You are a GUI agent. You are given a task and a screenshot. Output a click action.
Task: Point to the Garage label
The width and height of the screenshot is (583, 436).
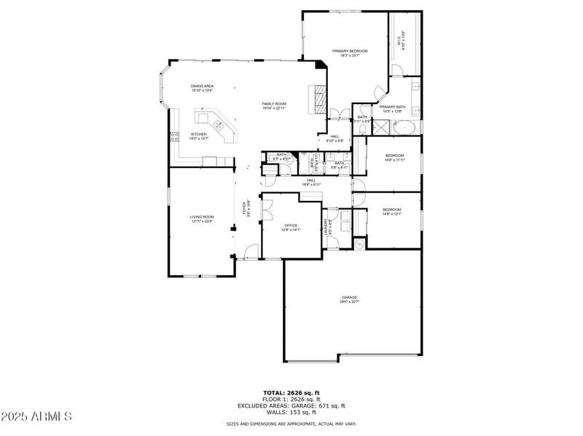pos(350,299)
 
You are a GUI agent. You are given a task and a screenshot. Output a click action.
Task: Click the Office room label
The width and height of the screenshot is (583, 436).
pos(291,228)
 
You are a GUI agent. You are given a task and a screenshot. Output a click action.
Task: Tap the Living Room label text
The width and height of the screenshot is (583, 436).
pos(203,218)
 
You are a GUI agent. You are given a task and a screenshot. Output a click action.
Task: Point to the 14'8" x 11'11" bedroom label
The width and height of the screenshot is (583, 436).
pos(394,157)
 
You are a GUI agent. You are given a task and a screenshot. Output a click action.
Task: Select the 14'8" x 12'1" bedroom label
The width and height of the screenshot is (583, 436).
pos(392,212)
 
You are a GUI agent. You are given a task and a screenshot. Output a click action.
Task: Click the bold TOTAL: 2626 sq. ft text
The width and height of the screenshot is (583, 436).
pos(291,393)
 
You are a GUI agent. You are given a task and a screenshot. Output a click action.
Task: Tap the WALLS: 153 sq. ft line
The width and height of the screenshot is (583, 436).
pos(291,411)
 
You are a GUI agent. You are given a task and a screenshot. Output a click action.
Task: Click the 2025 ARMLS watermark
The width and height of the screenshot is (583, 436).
pos(36,416)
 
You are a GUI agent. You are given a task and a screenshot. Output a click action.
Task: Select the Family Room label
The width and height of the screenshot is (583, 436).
pos(274,106)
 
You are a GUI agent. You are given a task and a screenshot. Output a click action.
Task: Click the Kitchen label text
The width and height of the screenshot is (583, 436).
pos(199,135)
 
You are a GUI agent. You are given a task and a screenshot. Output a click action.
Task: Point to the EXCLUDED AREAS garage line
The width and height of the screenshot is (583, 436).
pos(291,405)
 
